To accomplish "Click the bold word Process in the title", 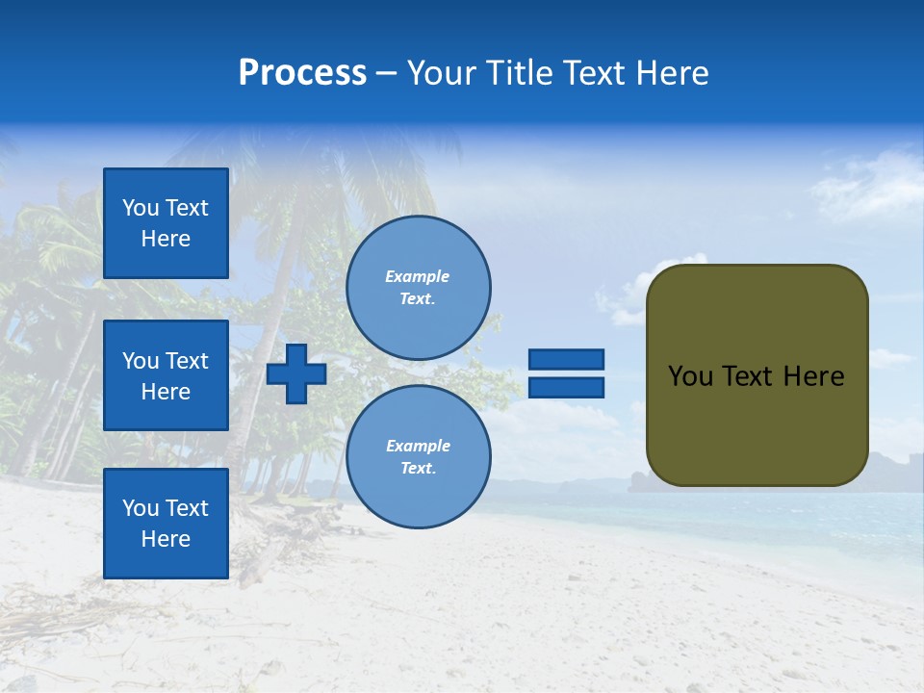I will (x=302, y=73).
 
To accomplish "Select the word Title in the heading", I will (x=518, y=73).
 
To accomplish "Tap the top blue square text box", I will (x=166, y=223).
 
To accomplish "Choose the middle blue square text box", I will (x=166, y=375).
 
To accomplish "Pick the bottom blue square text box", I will (x=166, y=524).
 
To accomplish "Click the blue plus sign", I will (x=296, y=373).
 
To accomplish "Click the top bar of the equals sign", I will (x=566, y=359).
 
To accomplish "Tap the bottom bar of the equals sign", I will (x=566, y=387).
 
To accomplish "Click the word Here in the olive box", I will (x=814, y=376).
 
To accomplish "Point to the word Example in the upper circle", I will (x=417, y=276).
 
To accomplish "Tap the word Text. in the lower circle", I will (x=418, y=468).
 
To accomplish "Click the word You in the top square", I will (x=141, y=208).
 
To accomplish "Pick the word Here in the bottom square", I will (x=166, y=539).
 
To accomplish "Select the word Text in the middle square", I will (x=187, y=361).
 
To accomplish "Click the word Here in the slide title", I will (x=674, y=73).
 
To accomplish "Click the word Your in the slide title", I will (x=438, y=73).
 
